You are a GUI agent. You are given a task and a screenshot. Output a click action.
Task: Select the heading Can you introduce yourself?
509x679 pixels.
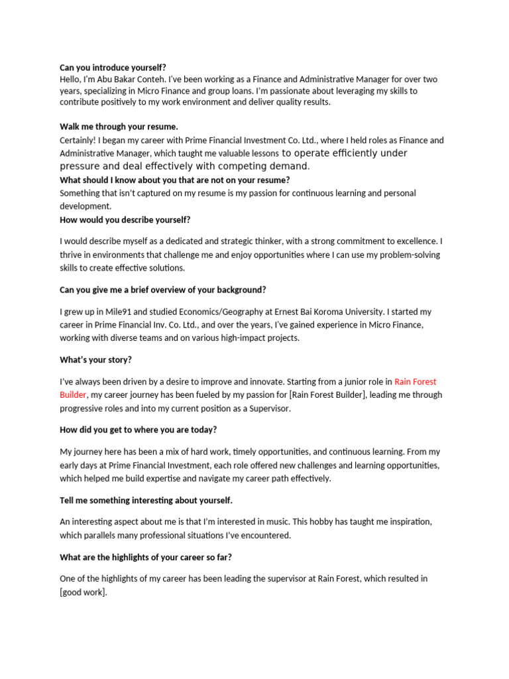113,68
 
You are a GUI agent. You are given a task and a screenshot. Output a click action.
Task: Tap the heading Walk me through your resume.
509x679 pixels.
119,126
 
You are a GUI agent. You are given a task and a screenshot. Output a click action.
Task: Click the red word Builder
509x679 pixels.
73,395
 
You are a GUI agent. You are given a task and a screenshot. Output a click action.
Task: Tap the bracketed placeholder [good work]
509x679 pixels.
83,591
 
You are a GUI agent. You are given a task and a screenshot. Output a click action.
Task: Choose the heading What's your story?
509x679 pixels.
95,359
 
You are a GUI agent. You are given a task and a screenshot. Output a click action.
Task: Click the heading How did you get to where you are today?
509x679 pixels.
138,430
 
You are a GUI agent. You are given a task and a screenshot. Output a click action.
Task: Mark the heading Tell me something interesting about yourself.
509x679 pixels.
146,500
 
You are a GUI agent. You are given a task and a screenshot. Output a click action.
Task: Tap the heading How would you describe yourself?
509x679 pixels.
125,219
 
